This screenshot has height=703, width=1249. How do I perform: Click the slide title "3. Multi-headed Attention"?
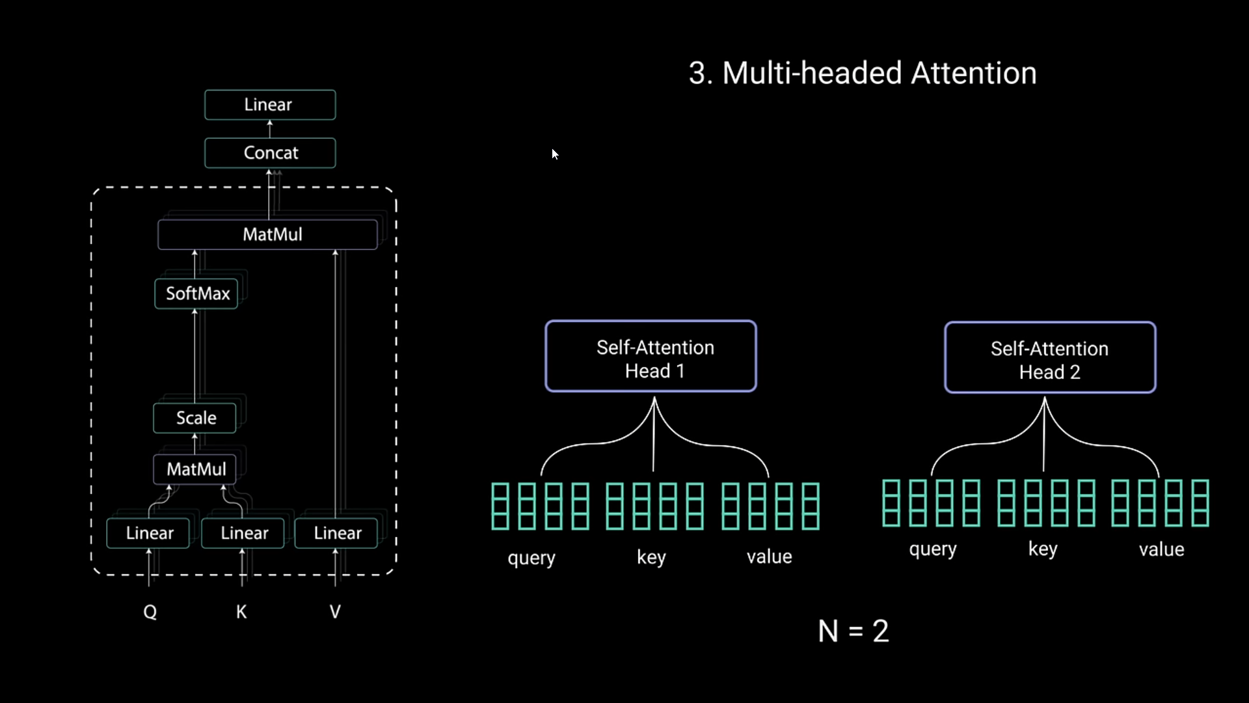[863, 73]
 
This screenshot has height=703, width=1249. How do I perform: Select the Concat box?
[270, 153]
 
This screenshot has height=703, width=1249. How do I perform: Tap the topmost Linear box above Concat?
[270, 105]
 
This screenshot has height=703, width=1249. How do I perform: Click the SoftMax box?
[196, 294]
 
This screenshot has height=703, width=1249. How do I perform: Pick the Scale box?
[195, 418]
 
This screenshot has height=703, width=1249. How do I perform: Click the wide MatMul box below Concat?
[267, 234]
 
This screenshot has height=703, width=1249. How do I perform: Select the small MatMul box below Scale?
[195, 469]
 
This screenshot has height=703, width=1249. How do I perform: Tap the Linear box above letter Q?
[148, 533]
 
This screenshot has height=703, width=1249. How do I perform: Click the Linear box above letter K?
[243, 533]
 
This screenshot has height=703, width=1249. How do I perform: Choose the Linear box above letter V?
[336, 533]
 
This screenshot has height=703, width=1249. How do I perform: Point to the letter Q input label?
[150, 612]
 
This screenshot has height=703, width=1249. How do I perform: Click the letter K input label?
[241, 612]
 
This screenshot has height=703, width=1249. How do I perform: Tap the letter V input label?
[335, 612]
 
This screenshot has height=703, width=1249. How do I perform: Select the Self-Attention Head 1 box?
[651, 356]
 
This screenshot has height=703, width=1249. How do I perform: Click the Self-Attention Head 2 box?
[1050, 357]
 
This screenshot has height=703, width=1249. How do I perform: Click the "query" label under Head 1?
[531, 558]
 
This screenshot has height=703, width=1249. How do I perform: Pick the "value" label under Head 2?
[1161, 550]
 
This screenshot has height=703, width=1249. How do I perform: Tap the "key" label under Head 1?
[651, 557]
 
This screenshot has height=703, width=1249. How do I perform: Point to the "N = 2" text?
[853, 631]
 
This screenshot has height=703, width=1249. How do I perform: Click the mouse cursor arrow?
[554, 154]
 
